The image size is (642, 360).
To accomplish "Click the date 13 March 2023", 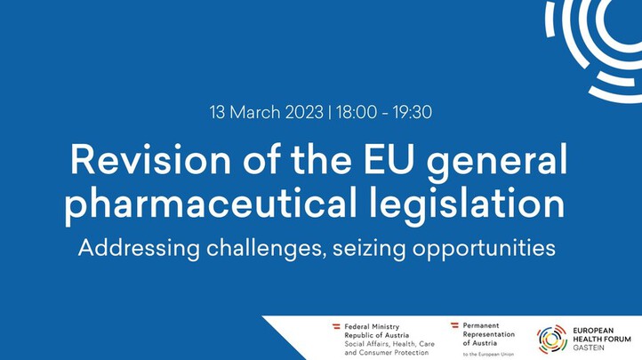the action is [267, 112].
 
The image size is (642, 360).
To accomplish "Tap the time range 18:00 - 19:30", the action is [384, 112].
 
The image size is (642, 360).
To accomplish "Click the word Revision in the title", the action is [150, 159].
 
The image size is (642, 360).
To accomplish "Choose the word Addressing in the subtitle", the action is [139, 248].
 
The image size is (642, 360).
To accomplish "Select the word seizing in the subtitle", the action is [369, 248].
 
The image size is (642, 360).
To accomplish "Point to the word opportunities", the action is [484, 248].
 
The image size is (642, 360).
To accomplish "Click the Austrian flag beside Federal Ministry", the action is [336, 326].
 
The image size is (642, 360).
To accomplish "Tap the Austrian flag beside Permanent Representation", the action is [454, 325].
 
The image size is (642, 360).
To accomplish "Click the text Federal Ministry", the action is [372, 327].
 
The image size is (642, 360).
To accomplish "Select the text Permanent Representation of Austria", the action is [489, 334].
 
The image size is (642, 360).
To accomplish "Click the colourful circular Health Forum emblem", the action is [552, 340].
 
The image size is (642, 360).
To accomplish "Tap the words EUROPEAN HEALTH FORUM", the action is [602, 334].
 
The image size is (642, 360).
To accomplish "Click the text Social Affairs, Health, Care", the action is [389, 344].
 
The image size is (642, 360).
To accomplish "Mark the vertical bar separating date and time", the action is [330, 113].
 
